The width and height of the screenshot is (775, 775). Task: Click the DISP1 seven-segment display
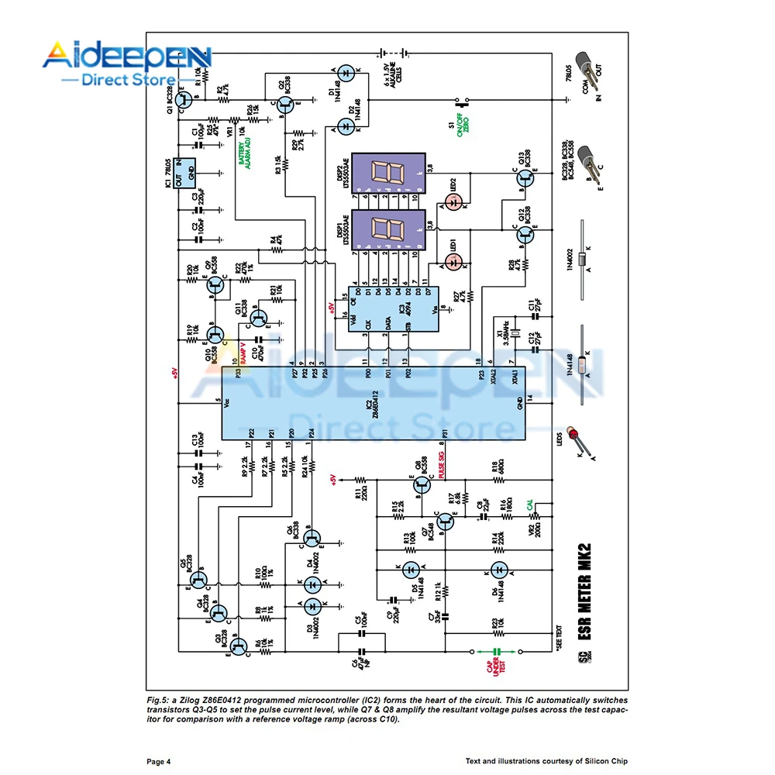(x=387, y=230)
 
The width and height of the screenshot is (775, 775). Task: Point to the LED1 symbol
(x=456, y=260)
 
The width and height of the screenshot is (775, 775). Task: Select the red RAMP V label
(x=242, y=353)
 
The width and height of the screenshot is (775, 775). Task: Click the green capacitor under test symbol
(x=498, y=652)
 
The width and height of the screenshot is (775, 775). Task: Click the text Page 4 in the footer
(x=158, y=761)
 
